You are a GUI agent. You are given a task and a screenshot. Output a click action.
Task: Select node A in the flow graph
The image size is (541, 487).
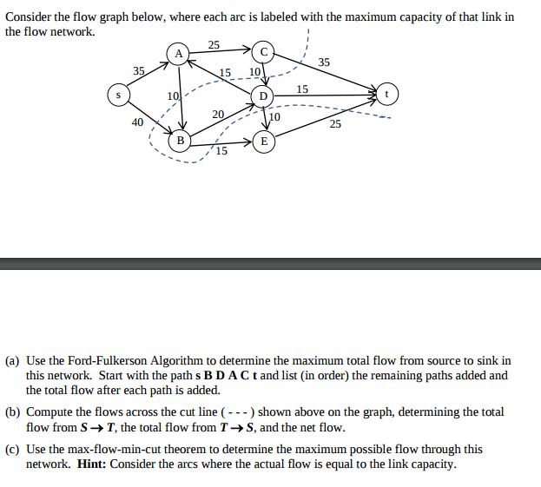179,54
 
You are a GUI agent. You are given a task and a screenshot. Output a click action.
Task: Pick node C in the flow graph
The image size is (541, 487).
264,54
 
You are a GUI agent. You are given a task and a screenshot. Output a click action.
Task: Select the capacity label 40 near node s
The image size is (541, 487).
137,122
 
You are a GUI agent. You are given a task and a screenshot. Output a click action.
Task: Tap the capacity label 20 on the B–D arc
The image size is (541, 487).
218,115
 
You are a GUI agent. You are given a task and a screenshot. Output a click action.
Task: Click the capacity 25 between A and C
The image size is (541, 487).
214,44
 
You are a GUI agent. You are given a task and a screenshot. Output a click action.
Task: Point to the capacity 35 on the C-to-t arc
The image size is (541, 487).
324,62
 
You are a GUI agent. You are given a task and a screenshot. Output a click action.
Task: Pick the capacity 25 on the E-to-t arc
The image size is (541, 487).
335,124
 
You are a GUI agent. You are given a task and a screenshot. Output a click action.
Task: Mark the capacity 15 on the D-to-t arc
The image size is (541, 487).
302,89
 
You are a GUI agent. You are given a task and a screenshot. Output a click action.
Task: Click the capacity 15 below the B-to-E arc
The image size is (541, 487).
222,151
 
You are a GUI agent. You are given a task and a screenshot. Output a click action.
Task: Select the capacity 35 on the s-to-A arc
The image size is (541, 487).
139,70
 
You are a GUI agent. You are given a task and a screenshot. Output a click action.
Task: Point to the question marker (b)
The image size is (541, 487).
13,412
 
